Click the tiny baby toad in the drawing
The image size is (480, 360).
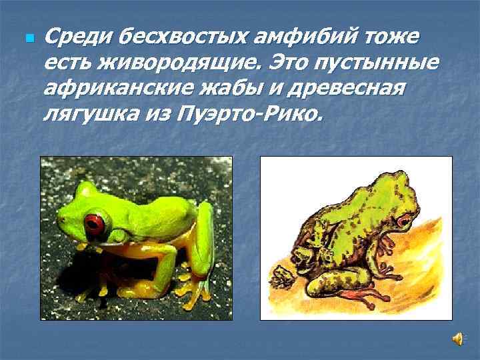(280, 273)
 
